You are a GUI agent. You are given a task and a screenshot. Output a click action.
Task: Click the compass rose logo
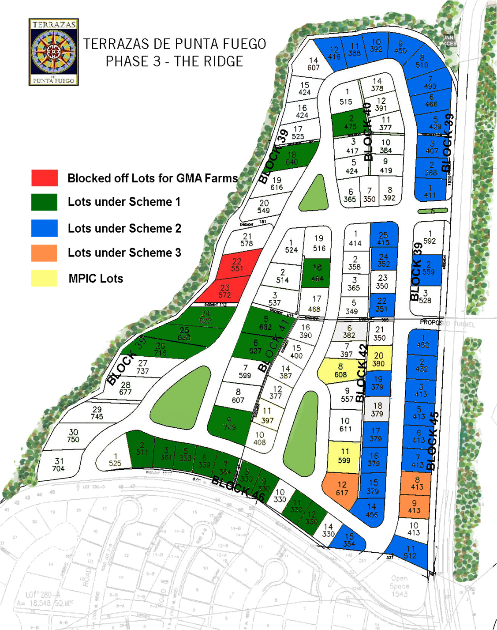tap(53, 52)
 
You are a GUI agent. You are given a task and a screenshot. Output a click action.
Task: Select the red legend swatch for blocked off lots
tap(45, 177)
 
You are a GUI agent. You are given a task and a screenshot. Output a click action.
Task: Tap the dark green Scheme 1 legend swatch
tap(45, 202)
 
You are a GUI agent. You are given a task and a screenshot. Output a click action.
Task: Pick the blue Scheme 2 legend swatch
tap(45, 228)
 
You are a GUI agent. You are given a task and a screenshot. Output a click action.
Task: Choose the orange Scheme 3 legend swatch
tap(45, 253)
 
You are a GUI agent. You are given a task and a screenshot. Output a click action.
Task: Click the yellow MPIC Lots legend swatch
tap(45, 278)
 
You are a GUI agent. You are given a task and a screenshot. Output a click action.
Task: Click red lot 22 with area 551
tap(237, 264)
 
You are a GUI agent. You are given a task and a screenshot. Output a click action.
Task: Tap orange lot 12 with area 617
tap(341, 489)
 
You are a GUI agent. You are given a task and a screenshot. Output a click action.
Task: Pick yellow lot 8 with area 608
tap(340, 370)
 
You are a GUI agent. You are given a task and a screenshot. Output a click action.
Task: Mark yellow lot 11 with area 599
tap(344, 456)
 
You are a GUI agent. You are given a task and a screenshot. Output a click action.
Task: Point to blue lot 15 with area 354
tap(349, 540)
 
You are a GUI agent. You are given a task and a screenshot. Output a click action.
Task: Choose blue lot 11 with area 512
tap(410, 552)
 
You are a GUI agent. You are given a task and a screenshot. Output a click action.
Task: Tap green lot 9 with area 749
tap(229, 424)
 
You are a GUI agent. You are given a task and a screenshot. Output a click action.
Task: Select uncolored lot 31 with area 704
tap(59, 464)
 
